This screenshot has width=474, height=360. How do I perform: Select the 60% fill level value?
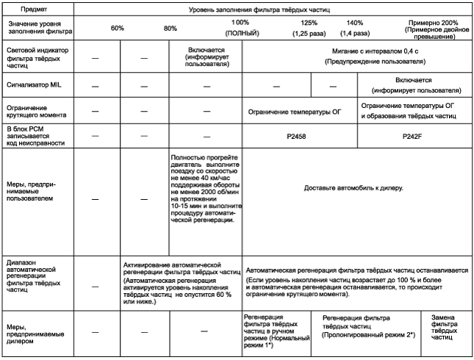pyautogui.click(x=116, y=29)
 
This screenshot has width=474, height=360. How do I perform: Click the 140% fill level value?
pyautogui.click(x=354, y=23)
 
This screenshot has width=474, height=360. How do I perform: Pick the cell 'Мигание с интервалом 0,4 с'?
pyautogui.click(x=360, y=54)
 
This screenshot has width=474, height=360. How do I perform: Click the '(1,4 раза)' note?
pyautogui.click(x=355, y=33)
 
